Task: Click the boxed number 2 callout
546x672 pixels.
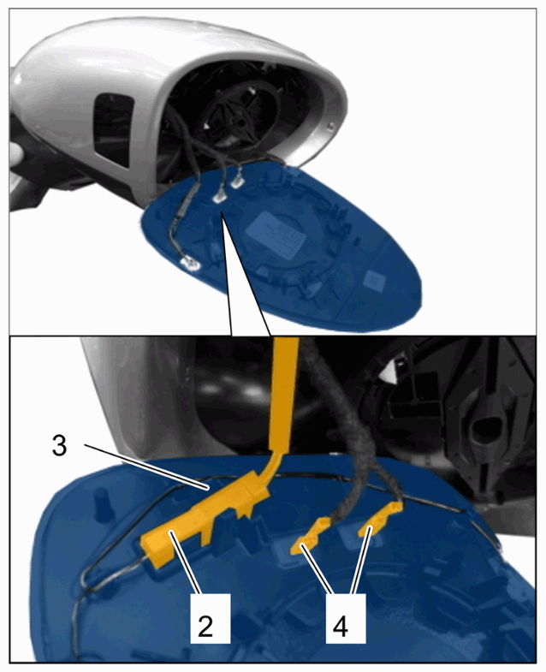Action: coord(211,618)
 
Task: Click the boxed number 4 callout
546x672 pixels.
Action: coord(346,618)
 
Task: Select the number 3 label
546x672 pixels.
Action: coord(60,446)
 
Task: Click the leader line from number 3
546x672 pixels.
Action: coord(146,467)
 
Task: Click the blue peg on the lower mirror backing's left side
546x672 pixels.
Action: coord(103,500)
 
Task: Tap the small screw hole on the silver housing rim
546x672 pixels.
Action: coord(330,126)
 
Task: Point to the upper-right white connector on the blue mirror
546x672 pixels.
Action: coord(236,182)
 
